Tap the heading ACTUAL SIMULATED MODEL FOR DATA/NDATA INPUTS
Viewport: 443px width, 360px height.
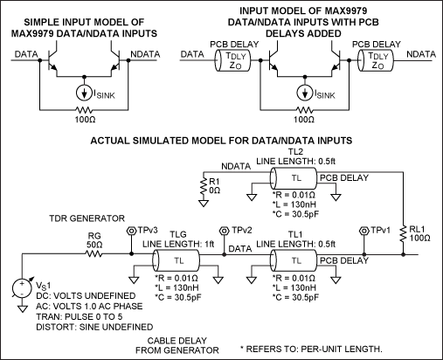[x=223, y=140]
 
